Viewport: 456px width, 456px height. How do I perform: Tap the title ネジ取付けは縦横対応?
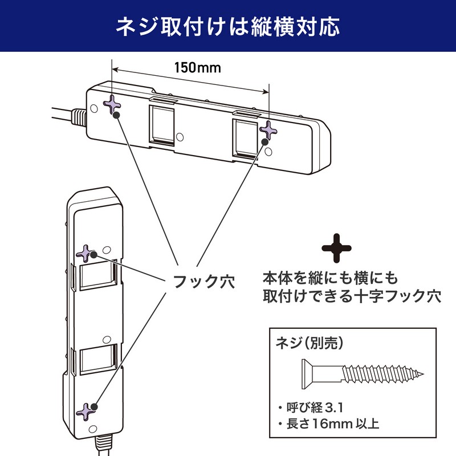228,26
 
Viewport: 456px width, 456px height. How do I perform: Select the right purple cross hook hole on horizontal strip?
268,131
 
